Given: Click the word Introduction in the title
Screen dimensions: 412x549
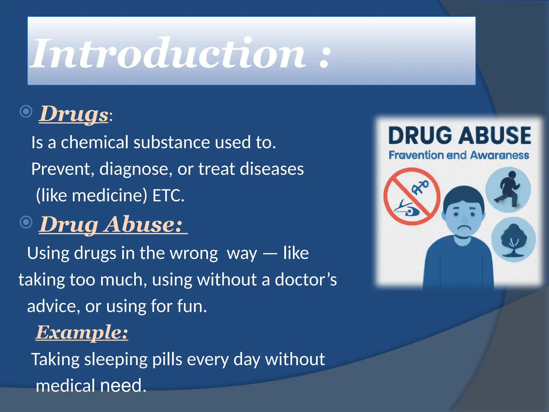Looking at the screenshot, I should [169, 54].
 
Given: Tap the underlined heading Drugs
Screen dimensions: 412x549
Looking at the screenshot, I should [74, 114].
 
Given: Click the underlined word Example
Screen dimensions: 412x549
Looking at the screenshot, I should [82, 333].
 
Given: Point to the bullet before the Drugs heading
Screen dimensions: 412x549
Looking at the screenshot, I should [26, 111].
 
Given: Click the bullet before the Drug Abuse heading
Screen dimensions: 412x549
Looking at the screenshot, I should [26, 222].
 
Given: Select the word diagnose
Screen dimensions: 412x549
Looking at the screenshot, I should [136, 169].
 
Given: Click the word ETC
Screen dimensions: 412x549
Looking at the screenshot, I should [168, 196].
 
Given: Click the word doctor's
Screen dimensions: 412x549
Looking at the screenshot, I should [306, 279].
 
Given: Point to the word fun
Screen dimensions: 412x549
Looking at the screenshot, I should [192, 306].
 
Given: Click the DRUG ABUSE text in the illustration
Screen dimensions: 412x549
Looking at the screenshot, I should [459, 135].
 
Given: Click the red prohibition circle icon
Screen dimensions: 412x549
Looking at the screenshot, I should [412, 196].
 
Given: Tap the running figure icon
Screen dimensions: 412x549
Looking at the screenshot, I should [508, 189].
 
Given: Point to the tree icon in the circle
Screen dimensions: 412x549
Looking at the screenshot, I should [513, 240].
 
